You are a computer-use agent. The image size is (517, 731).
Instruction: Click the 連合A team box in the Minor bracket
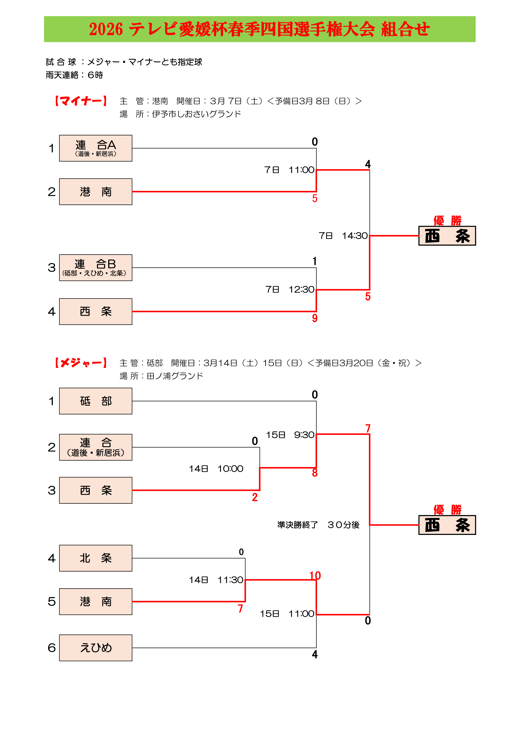[x=96, y=148]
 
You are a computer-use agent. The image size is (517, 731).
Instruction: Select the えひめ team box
[x=96, y=648]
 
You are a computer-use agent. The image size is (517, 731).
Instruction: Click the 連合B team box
[x=96, y=268]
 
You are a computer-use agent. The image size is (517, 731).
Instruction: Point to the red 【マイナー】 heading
[x=81, y=101]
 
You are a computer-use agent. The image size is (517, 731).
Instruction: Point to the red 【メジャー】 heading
[x=81, y=363]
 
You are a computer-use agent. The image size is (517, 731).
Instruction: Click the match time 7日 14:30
[x=343, y=236]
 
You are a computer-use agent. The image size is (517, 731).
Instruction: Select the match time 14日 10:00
[x=216, y=469]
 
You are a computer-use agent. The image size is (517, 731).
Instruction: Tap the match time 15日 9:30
[x=290, y=435]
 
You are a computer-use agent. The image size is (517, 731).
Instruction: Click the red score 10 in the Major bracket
[x=315, y=576]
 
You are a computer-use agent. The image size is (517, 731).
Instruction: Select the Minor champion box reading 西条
[x=447, y=236]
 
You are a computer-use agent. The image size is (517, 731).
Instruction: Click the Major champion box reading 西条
[x=447, y=525]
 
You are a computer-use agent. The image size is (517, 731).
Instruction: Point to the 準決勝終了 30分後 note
[x=318, y=525]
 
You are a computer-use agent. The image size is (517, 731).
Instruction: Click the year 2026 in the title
[x=106, y=29]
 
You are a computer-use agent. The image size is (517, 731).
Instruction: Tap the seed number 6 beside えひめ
[x=52, y=648]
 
